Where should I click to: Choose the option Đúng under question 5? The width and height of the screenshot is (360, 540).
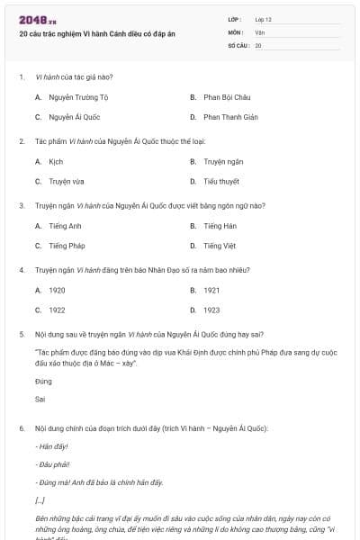click(41, 382)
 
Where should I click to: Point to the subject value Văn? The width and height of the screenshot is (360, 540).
click(259, 31)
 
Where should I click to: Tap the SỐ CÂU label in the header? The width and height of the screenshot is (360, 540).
click(238, 44)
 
